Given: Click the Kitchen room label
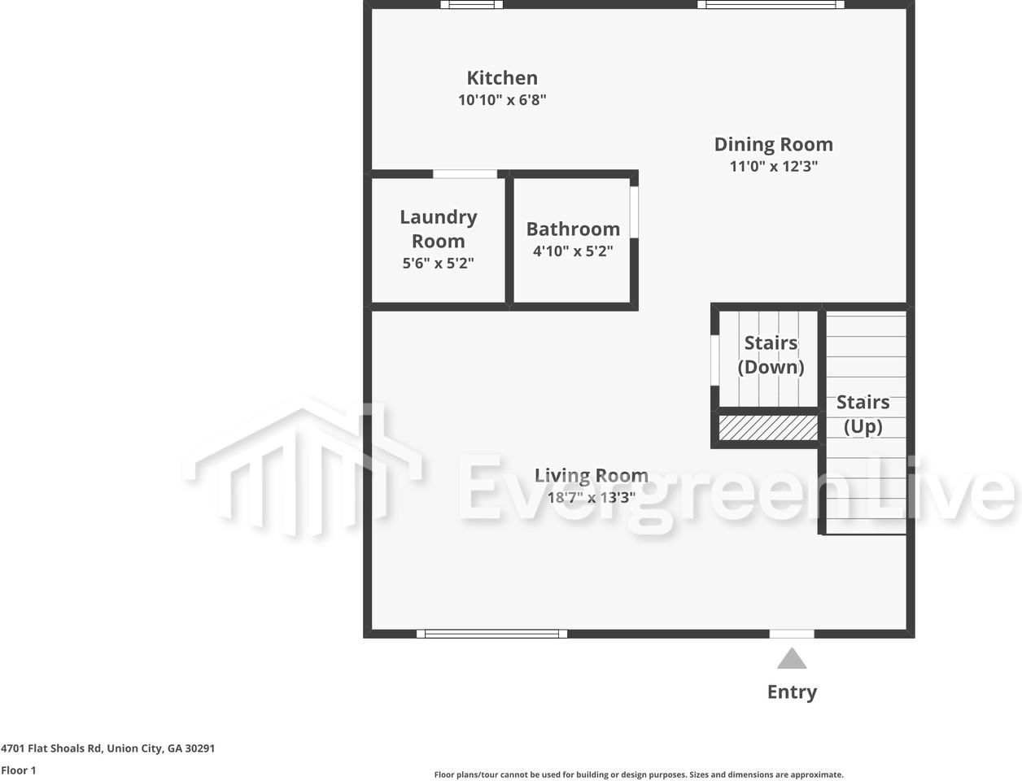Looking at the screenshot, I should pyautogui.click(x=502, y=78).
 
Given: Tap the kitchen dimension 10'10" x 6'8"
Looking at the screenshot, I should pyautogui.click(x=502, y=100).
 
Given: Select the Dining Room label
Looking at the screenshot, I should pyautogui.click(x=773, y=145).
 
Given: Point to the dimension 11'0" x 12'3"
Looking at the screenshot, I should pyautogui.click(x=773, y=167).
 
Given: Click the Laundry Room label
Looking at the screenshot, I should pyautogui.click(x=439, y=229).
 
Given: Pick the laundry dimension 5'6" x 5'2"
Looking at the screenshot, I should pyautogui.click(x=439, y=264).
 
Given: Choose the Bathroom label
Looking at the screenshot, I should pyautogui.click(x=573, y=229).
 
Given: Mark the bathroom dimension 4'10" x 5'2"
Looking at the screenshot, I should pyautogui.click(x=573, y=251).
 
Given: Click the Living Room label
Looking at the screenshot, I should pyautogui.click(x=592, y=475).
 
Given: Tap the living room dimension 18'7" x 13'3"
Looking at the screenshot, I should pyautogui.click(x=592, y=498).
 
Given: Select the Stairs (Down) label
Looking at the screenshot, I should pyautogui.click(x=771, y=355).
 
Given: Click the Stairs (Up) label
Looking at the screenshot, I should pyautogui.click(x=863, y=414).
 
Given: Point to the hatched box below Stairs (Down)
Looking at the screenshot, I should pyautogui.click(x=768, y=428).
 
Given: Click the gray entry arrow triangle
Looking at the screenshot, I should pyautogui.click(x=792, y=658).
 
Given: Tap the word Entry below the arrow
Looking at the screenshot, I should pyautogui.click(x=792, y=692).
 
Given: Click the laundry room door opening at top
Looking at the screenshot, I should pyautogui.click(x=465, y=174).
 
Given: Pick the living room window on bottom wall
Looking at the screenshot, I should pyautogui.click(x=491, y=634).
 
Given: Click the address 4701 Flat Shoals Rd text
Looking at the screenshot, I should pyautogui.click(x=108, y=748).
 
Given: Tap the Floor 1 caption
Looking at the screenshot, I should pyautogui.click(x=19, y=770).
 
